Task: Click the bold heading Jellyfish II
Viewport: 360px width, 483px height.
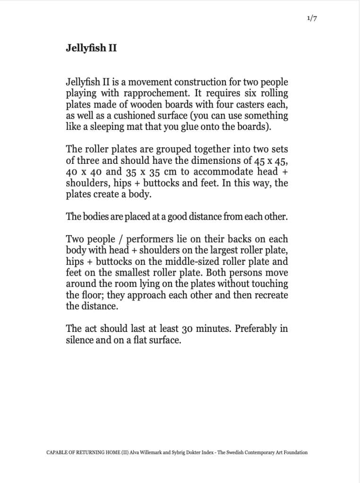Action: coord(91,48)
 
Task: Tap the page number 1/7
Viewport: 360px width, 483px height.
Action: coord(311,18)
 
